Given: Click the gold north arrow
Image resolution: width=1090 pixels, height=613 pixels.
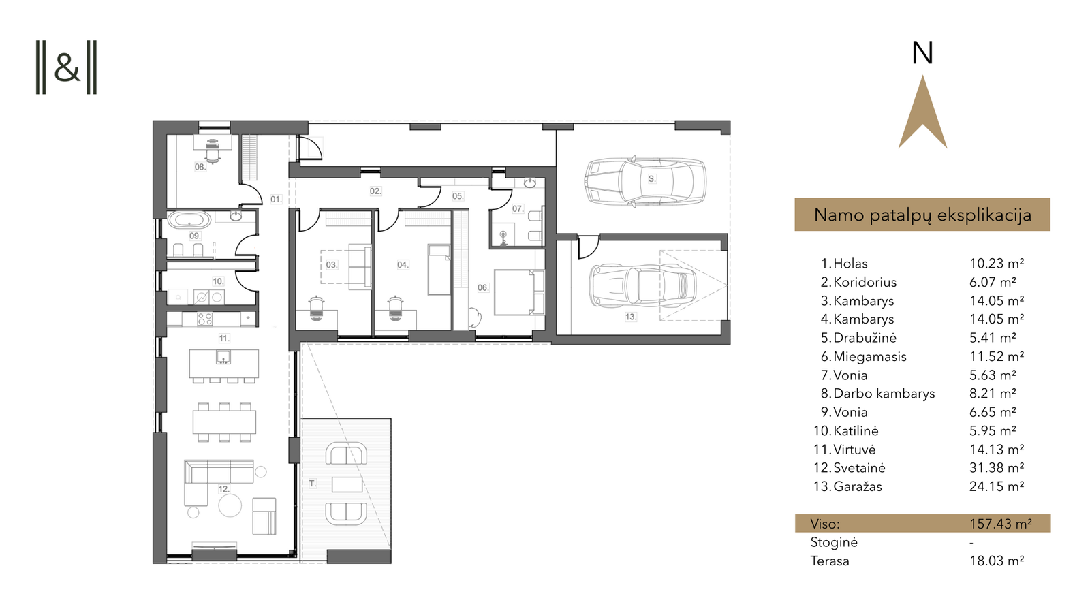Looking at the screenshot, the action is point(922,116).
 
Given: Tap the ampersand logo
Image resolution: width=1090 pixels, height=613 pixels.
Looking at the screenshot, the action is point(67,67).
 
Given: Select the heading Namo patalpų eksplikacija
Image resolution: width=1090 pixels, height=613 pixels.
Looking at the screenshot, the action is point(922,215).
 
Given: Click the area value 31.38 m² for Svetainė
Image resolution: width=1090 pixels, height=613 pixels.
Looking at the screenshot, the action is point(997,467).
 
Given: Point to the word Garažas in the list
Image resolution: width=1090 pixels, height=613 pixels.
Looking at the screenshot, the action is point(858,486).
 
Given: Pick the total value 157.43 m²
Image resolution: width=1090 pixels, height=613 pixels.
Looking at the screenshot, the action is point(1001,524).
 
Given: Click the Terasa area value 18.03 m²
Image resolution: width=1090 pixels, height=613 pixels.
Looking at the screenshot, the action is point(997,561).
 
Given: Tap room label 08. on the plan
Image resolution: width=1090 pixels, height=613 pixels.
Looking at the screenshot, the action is point(200,167).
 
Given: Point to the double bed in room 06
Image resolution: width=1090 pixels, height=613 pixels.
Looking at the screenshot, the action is point(518,292).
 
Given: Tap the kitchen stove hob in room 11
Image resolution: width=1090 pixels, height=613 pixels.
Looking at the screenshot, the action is point(205,319).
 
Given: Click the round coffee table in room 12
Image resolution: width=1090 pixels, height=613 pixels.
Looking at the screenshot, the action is point(230,505).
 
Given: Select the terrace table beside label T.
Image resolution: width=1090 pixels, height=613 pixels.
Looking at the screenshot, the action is point(347,484).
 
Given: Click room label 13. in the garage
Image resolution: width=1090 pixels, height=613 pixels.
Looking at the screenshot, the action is point(631,317).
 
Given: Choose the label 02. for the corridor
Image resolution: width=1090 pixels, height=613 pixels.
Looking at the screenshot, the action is point(375,191).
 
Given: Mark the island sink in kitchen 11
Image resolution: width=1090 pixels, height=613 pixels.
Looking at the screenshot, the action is point(223,358).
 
